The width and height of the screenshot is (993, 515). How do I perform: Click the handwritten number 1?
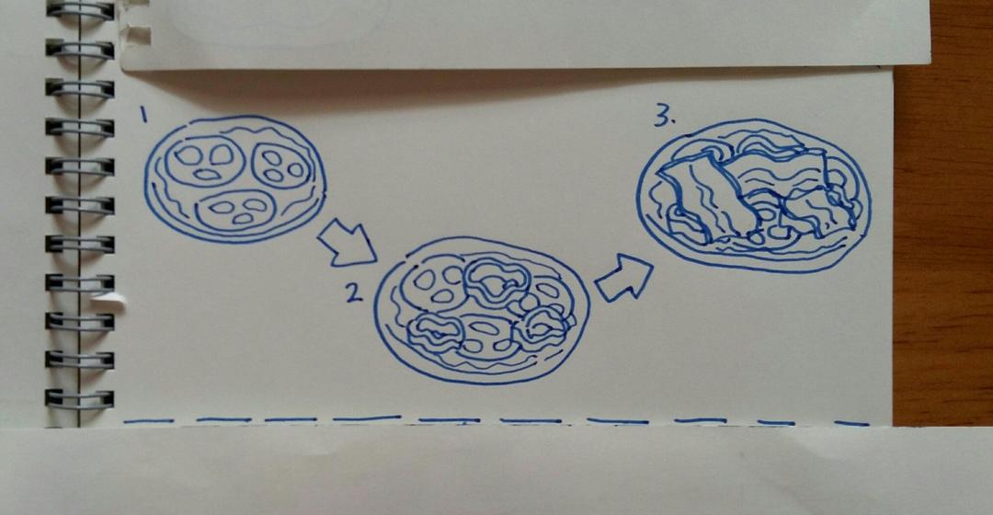(143, 115)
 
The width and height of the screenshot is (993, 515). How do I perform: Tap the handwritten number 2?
(354, 292)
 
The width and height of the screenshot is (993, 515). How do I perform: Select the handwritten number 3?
(662, 116)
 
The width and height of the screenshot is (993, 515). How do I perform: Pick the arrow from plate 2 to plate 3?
(624, 278)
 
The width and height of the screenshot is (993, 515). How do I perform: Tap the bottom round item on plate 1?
(235, 210)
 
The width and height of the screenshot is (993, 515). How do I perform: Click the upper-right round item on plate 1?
(283, 166)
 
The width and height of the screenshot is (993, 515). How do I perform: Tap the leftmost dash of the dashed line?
(149, 420)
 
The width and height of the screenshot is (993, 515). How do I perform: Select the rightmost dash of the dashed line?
(851, 423)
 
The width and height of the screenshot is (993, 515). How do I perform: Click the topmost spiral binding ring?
(80, 10)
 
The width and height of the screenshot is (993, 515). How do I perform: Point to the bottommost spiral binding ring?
(80, 398)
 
